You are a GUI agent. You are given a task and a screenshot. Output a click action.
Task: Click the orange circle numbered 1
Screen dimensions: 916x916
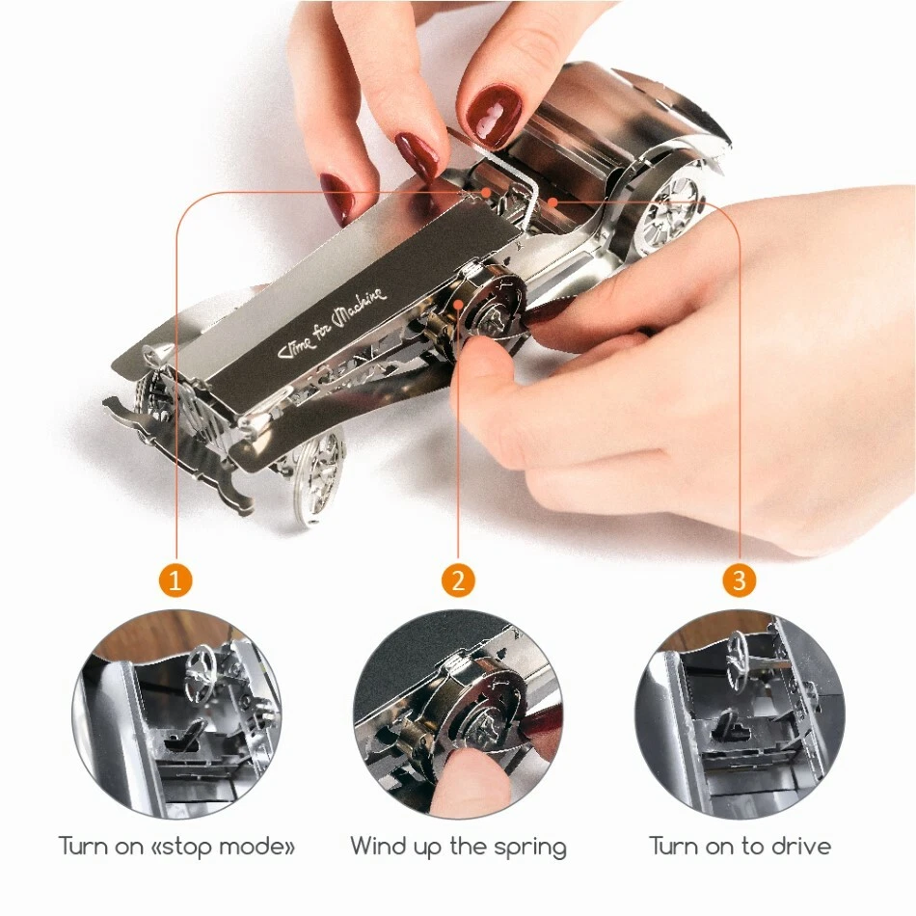click(175, 580)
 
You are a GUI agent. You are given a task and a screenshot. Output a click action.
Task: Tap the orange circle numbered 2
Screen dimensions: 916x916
click(458, 580)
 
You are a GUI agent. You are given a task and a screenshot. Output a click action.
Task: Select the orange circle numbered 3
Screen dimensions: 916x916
click(739, 580)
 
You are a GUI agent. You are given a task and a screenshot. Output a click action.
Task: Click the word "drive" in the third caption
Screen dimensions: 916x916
click(801, 846)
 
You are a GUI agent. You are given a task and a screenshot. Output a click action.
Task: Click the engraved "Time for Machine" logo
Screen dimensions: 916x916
click(332, 324)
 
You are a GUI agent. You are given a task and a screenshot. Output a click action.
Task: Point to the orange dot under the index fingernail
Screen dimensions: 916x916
click(485, 192)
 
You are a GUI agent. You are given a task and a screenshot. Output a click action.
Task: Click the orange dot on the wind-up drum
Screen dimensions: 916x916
click(459, 304)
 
